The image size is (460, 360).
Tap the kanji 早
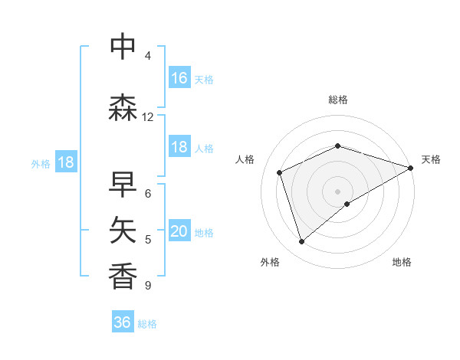(123, 184)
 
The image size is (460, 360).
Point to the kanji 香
(123, 276)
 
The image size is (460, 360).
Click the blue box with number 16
(179, 78)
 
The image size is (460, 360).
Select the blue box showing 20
(179, 232)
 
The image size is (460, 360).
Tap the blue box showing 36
(123, 322)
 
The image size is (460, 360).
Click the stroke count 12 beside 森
(148, 117)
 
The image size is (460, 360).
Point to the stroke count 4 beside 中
(148, 56)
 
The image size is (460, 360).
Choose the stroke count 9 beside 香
(148, 286)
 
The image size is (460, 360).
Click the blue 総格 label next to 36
(147, 324)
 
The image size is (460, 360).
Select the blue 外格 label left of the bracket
(41, 163)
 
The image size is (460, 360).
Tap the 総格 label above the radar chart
(338, 100)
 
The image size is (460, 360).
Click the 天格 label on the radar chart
(431, 159)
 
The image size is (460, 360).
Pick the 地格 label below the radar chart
(402, 262)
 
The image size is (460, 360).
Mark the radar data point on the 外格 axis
(302, 241)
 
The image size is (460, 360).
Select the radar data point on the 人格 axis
(280, 172)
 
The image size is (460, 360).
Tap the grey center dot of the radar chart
(337, 191)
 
